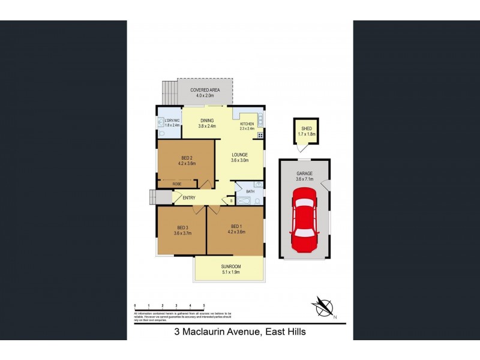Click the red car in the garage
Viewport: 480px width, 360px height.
[x=304, y=220]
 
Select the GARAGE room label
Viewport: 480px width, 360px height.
[x=304, y=173]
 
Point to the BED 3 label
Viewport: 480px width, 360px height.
[x=182, y=227]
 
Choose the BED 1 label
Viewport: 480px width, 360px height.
[x=236, y=226]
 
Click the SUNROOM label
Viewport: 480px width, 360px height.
[x=230, y=266]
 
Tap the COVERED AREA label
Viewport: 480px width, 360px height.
[x=205, y=90]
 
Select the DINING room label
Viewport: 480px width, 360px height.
[x=206, y=121]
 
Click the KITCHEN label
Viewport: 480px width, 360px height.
[x=247, y=124]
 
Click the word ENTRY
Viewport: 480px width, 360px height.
[x=189, y=197]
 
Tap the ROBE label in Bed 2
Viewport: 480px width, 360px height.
[x=177, y=184]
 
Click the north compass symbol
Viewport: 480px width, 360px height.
[x=324, y=307]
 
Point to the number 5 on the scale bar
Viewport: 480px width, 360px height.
[x=204, y=306]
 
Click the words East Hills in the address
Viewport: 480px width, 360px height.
[x=284, y=331]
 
